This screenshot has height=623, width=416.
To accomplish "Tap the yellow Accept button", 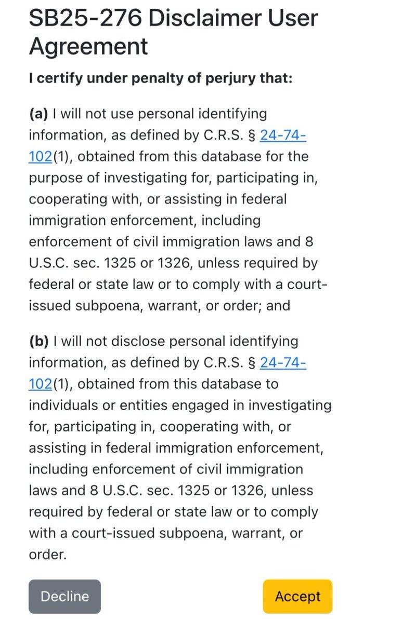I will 297,597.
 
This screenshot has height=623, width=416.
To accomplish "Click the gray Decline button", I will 64,597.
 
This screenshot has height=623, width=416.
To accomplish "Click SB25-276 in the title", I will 84,19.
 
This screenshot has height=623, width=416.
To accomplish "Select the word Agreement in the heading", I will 88,46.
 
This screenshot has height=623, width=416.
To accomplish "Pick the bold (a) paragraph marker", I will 38,113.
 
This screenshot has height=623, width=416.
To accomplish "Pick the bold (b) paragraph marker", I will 38,341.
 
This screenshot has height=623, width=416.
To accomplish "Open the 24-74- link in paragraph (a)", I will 283,135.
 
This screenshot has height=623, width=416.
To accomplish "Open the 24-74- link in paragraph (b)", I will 283,363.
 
